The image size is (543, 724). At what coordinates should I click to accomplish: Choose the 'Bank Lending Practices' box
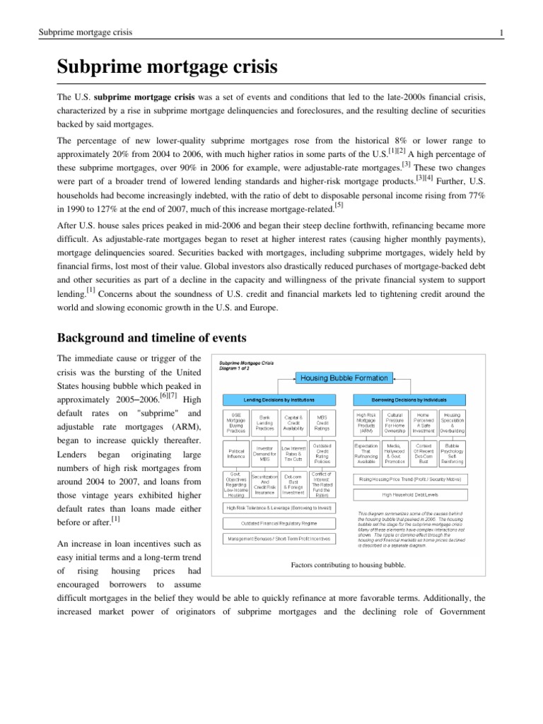coord(266,423)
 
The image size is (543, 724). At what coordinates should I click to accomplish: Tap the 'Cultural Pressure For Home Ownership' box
coord(395,423)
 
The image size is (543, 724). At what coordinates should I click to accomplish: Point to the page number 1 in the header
coord(501,33)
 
